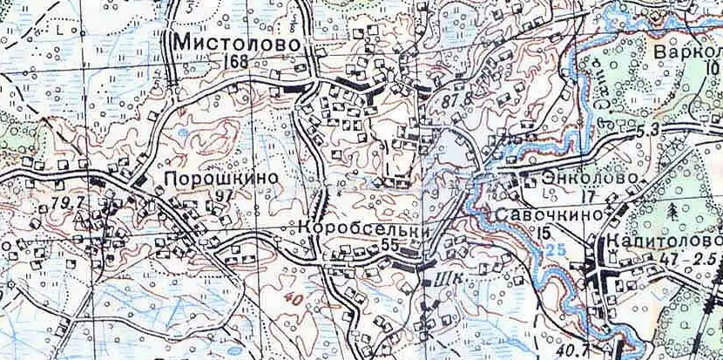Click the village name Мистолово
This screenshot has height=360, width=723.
241,43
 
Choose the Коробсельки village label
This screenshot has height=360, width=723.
365,229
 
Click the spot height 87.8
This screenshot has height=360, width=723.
454,99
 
